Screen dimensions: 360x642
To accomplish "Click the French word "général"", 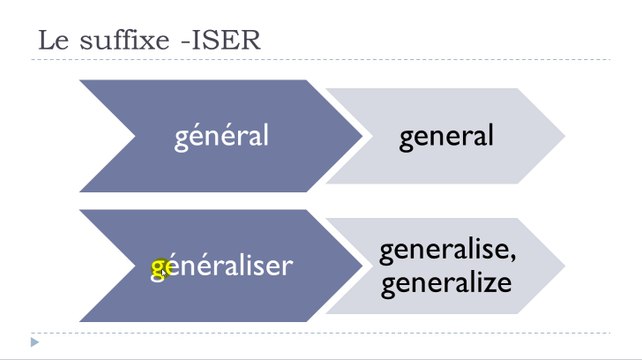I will click(221, 135).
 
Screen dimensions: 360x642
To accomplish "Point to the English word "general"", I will click(446, 135).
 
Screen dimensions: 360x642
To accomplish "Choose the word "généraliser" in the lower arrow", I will click(221, 266).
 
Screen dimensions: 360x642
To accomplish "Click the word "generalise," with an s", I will click(447, 250).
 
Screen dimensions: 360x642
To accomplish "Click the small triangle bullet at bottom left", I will click(35, 343).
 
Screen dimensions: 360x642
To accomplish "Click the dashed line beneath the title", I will click(320, 60).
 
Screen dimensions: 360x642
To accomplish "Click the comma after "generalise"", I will click(512, 258).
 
